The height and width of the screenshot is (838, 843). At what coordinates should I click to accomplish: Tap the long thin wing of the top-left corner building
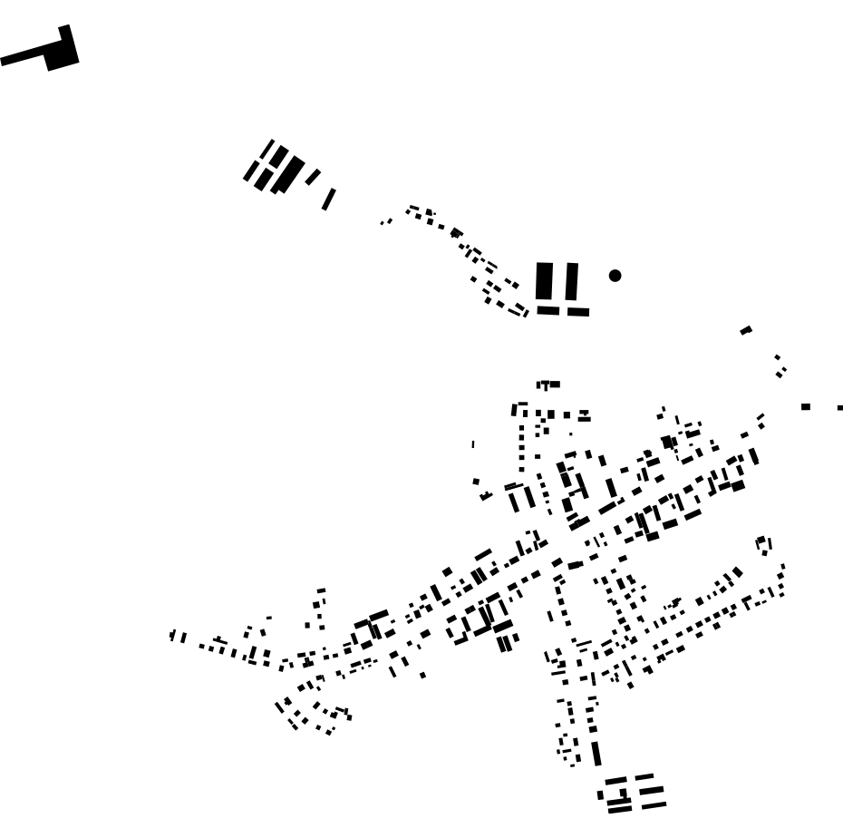pos(22,58)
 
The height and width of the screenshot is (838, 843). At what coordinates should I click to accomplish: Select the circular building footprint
pos(615,275)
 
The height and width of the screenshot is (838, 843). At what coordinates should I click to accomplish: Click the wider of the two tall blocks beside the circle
pos(544,280)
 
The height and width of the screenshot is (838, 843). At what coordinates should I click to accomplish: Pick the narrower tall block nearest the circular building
pos(571,281)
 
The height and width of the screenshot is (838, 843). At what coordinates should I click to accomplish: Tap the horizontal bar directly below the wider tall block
pos(547,310)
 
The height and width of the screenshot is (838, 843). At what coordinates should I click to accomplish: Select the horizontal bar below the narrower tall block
pos(578,312)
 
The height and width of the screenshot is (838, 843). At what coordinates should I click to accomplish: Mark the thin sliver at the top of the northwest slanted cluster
pos(266,147)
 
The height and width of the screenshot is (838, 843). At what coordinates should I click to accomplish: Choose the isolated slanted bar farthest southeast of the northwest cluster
pos(328,199)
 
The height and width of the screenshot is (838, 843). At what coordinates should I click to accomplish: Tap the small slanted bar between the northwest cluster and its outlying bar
pos(313,177)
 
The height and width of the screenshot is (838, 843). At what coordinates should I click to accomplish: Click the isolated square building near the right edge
pos(805,406)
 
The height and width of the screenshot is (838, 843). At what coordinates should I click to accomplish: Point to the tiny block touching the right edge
pos(839,407)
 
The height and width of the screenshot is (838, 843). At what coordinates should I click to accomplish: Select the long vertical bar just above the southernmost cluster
pos(596,754)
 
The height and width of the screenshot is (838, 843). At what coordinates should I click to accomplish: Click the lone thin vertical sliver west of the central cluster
pos(472,444)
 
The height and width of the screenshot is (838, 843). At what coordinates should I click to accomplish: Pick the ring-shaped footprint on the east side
pos(764,544)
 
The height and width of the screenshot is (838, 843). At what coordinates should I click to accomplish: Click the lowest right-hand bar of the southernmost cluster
pos(654,804)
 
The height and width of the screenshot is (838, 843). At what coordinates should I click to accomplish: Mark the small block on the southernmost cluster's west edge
pos(600,795)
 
